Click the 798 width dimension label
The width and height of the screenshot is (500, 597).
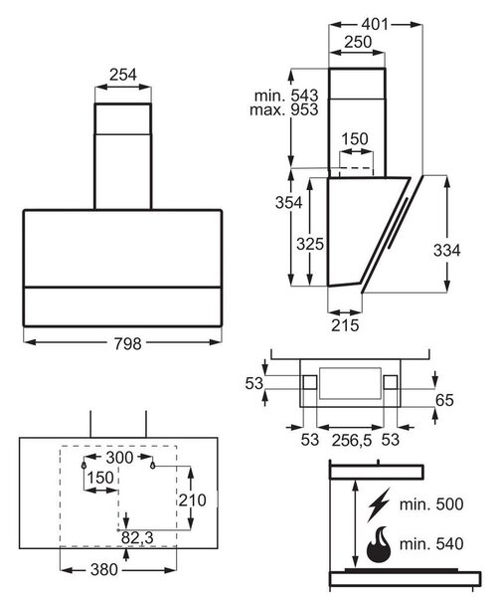point(128,344)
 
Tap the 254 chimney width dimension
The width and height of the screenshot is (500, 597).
point(123,75)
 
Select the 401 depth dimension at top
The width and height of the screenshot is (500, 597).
point(375,24)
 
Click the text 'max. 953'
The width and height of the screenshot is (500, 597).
point(284,109)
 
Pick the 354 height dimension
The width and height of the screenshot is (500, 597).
point(289,203)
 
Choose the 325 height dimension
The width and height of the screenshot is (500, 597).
point(310,244)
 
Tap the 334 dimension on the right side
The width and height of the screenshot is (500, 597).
point(446,251)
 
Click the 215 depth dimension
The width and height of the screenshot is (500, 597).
point(345,325)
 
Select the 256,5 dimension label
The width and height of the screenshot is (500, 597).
point(352,440)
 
